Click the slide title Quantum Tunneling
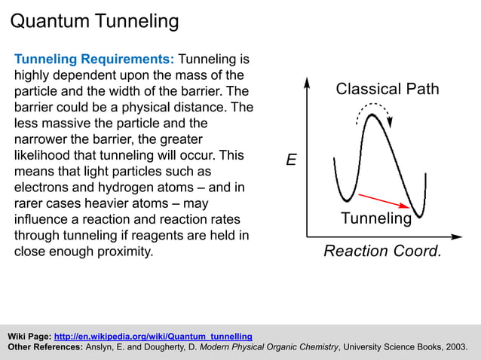[x=94, y=20]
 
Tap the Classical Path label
[x=387, y=89]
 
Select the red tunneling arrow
[x=384, y=200]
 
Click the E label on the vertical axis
[x=291, y=160]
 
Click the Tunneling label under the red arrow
[x=376, y=219]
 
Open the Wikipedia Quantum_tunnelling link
[x=153, y=336]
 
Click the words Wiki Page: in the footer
[x=29, y=336]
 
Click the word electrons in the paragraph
[x=41, y=188]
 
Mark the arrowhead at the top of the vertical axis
[x=307, y=81]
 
